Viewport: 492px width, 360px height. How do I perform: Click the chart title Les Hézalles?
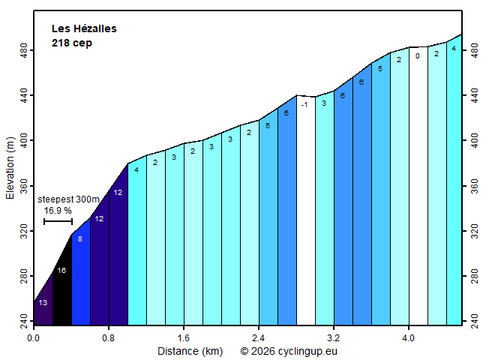(x=84, y=28)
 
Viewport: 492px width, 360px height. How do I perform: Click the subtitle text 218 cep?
(x=72, y=43)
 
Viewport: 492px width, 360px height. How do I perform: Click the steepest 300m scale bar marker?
(x=58, y=221)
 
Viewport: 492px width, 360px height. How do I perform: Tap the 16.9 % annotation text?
(x=58, y=211)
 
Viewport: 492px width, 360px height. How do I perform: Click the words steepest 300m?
(x=68, y=199)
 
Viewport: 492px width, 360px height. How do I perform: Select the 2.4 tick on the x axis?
(x=259, y=337)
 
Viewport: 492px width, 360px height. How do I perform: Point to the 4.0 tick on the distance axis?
(x=409, y=337)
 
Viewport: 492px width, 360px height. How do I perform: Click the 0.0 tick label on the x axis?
(x=34, y=337)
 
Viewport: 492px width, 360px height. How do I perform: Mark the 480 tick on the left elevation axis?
(x=25, y=49)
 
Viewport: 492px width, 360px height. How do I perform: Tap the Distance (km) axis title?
(x=189, y=350)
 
